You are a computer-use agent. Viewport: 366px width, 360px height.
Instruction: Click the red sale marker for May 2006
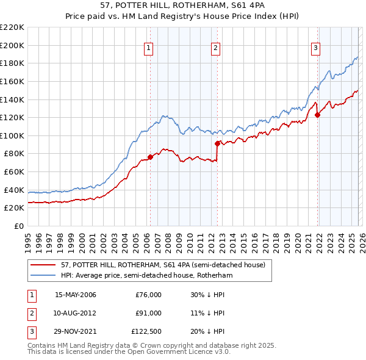[150, 157]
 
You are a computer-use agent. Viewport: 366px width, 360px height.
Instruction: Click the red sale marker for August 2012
[217, 143]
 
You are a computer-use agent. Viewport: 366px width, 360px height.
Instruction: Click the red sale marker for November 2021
[317, 115]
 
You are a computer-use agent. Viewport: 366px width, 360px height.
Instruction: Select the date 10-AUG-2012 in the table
[75, 313]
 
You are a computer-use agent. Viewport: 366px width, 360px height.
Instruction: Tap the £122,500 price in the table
[146, 331]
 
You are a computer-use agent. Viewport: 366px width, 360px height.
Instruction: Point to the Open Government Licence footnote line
[128, 353]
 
